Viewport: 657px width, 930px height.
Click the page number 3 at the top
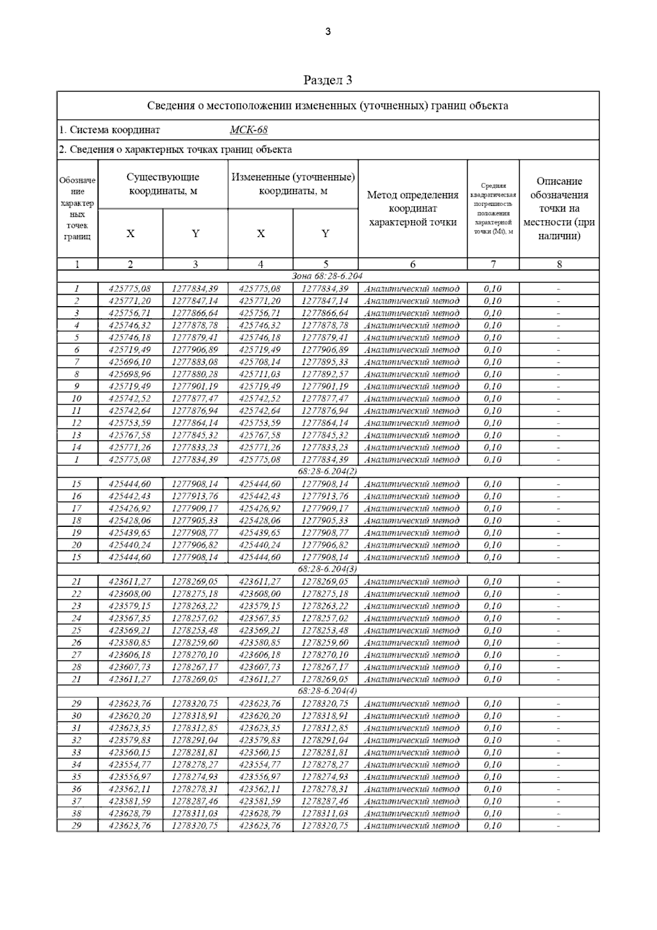(328, 32)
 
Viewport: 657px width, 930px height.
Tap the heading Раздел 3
(327, 81)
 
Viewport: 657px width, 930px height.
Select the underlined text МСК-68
(249, 130)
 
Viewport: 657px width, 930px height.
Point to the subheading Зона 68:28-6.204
(327, 276)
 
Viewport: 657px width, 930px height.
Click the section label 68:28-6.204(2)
(327, 471)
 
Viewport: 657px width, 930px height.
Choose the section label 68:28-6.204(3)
(327, 569)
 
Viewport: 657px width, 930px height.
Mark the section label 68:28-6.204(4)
(327, 691)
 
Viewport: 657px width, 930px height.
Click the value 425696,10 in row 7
(130, 362)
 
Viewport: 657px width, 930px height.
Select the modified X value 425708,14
(260, 362)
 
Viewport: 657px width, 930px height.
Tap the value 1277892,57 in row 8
(325, 374)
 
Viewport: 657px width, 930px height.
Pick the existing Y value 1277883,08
(195, 362)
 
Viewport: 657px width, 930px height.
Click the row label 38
(77, 813)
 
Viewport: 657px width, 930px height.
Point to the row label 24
(77, 618)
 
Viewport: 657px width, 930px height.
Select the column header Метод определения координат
(412, 209)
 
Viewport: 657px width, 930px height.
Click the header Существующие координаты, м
(163, 184)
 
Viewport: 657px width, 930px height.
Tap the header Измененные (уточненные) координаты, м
(293, 184)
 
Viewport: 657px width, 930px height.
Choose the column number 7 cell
(493, 264)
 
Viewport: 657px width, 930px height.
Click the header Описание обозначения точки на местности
(558, 209)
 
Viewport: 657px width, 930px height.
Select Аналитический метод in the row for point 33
(412, 753)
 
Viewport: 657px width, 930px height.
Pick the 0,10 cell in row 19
(493, 533)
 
